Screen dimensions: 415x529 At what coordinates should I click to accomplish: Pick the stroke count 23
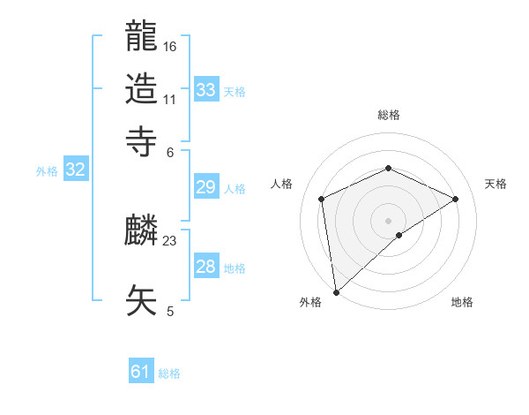170,240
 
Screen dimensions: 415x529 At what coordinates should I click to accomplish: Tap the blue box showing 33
206,89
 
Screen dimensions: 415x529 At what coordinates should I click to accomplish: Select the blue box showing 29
206,188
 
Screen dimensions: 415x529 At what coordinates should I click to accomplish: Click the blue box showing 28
206,267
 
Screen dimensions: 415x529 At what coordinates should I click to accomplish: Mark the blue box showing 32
75,170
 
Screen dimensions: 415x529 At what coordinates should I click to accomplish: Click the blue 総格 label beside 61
169,373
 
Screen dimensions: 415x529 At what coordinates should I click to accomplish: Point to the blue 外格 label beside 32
47,171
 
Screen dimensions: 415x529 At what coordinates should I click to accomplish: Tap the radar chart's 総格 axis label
389,115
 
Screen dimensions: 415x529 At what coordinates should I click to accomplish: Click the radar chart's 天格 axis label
496,184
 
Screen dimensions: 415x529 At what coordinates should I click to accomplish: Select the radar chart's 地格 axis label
462,302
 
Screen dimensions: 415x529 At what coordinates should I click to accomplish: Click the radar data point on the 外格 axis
335,292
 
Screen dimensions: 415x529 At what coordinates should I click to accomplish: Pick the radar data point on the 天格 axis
456,199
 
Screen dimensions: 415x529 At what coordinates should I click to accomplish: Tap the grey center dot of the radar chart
389,220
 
